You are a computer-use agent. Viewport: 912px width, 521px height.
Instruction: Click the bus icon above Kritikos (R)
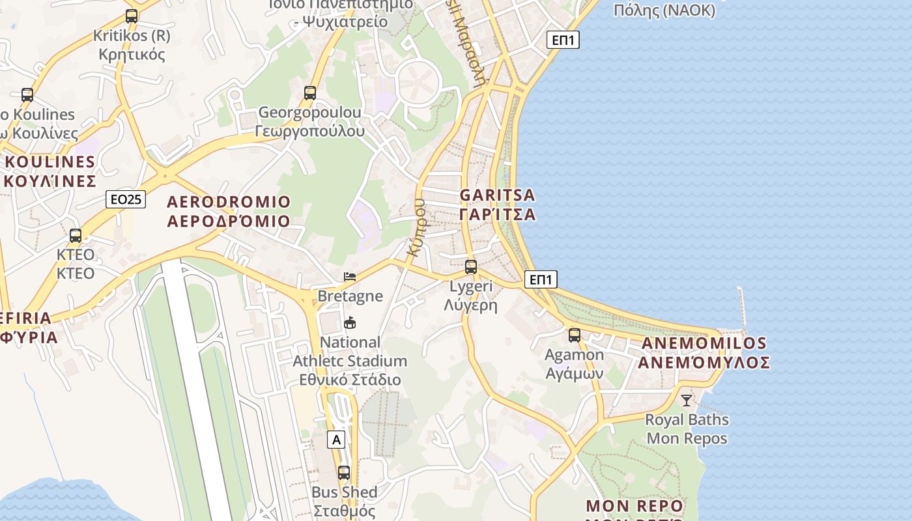click(132, 16)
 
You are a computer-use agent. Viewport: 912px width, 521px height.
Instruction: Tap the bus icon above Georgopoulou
click(310, 93)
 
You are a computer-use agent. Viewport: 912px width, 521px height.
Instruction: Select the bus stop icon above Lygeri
click(471, 266)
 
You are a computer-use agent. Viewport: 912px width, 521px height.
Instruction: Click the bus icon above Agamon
click(574, 335)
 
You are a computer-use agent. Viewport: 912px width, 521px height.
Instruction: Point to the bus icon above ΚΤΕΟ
click(76, 236)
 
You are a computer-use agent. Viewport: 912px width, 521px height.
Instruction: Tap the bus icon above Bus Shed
click(343, 473)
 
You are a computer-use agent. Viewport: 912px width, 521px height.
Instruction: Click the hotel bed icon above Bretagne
click(350, 277)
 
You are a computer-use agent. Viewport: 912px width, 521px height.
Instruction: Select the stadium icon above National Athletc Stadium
click(350, 322)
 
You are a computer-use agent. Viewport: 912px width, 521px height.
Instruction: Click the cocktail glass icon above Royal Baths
click(687, 400)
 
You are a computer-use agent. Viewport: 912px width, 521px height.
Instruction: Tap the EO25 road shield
click(126, 199)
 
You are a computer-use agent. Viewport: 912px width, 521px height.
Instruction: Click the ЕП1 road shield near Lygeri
click(541, 280)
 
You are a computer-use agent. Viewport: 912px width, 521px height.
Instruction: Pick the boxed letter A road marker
click(336, 440)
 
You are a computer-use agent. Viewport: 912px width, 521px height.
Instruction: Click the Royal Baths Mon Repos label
click(687, 429)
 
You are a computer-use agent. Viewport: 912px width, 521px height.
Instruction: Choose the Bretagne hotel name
click(350, 296)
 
